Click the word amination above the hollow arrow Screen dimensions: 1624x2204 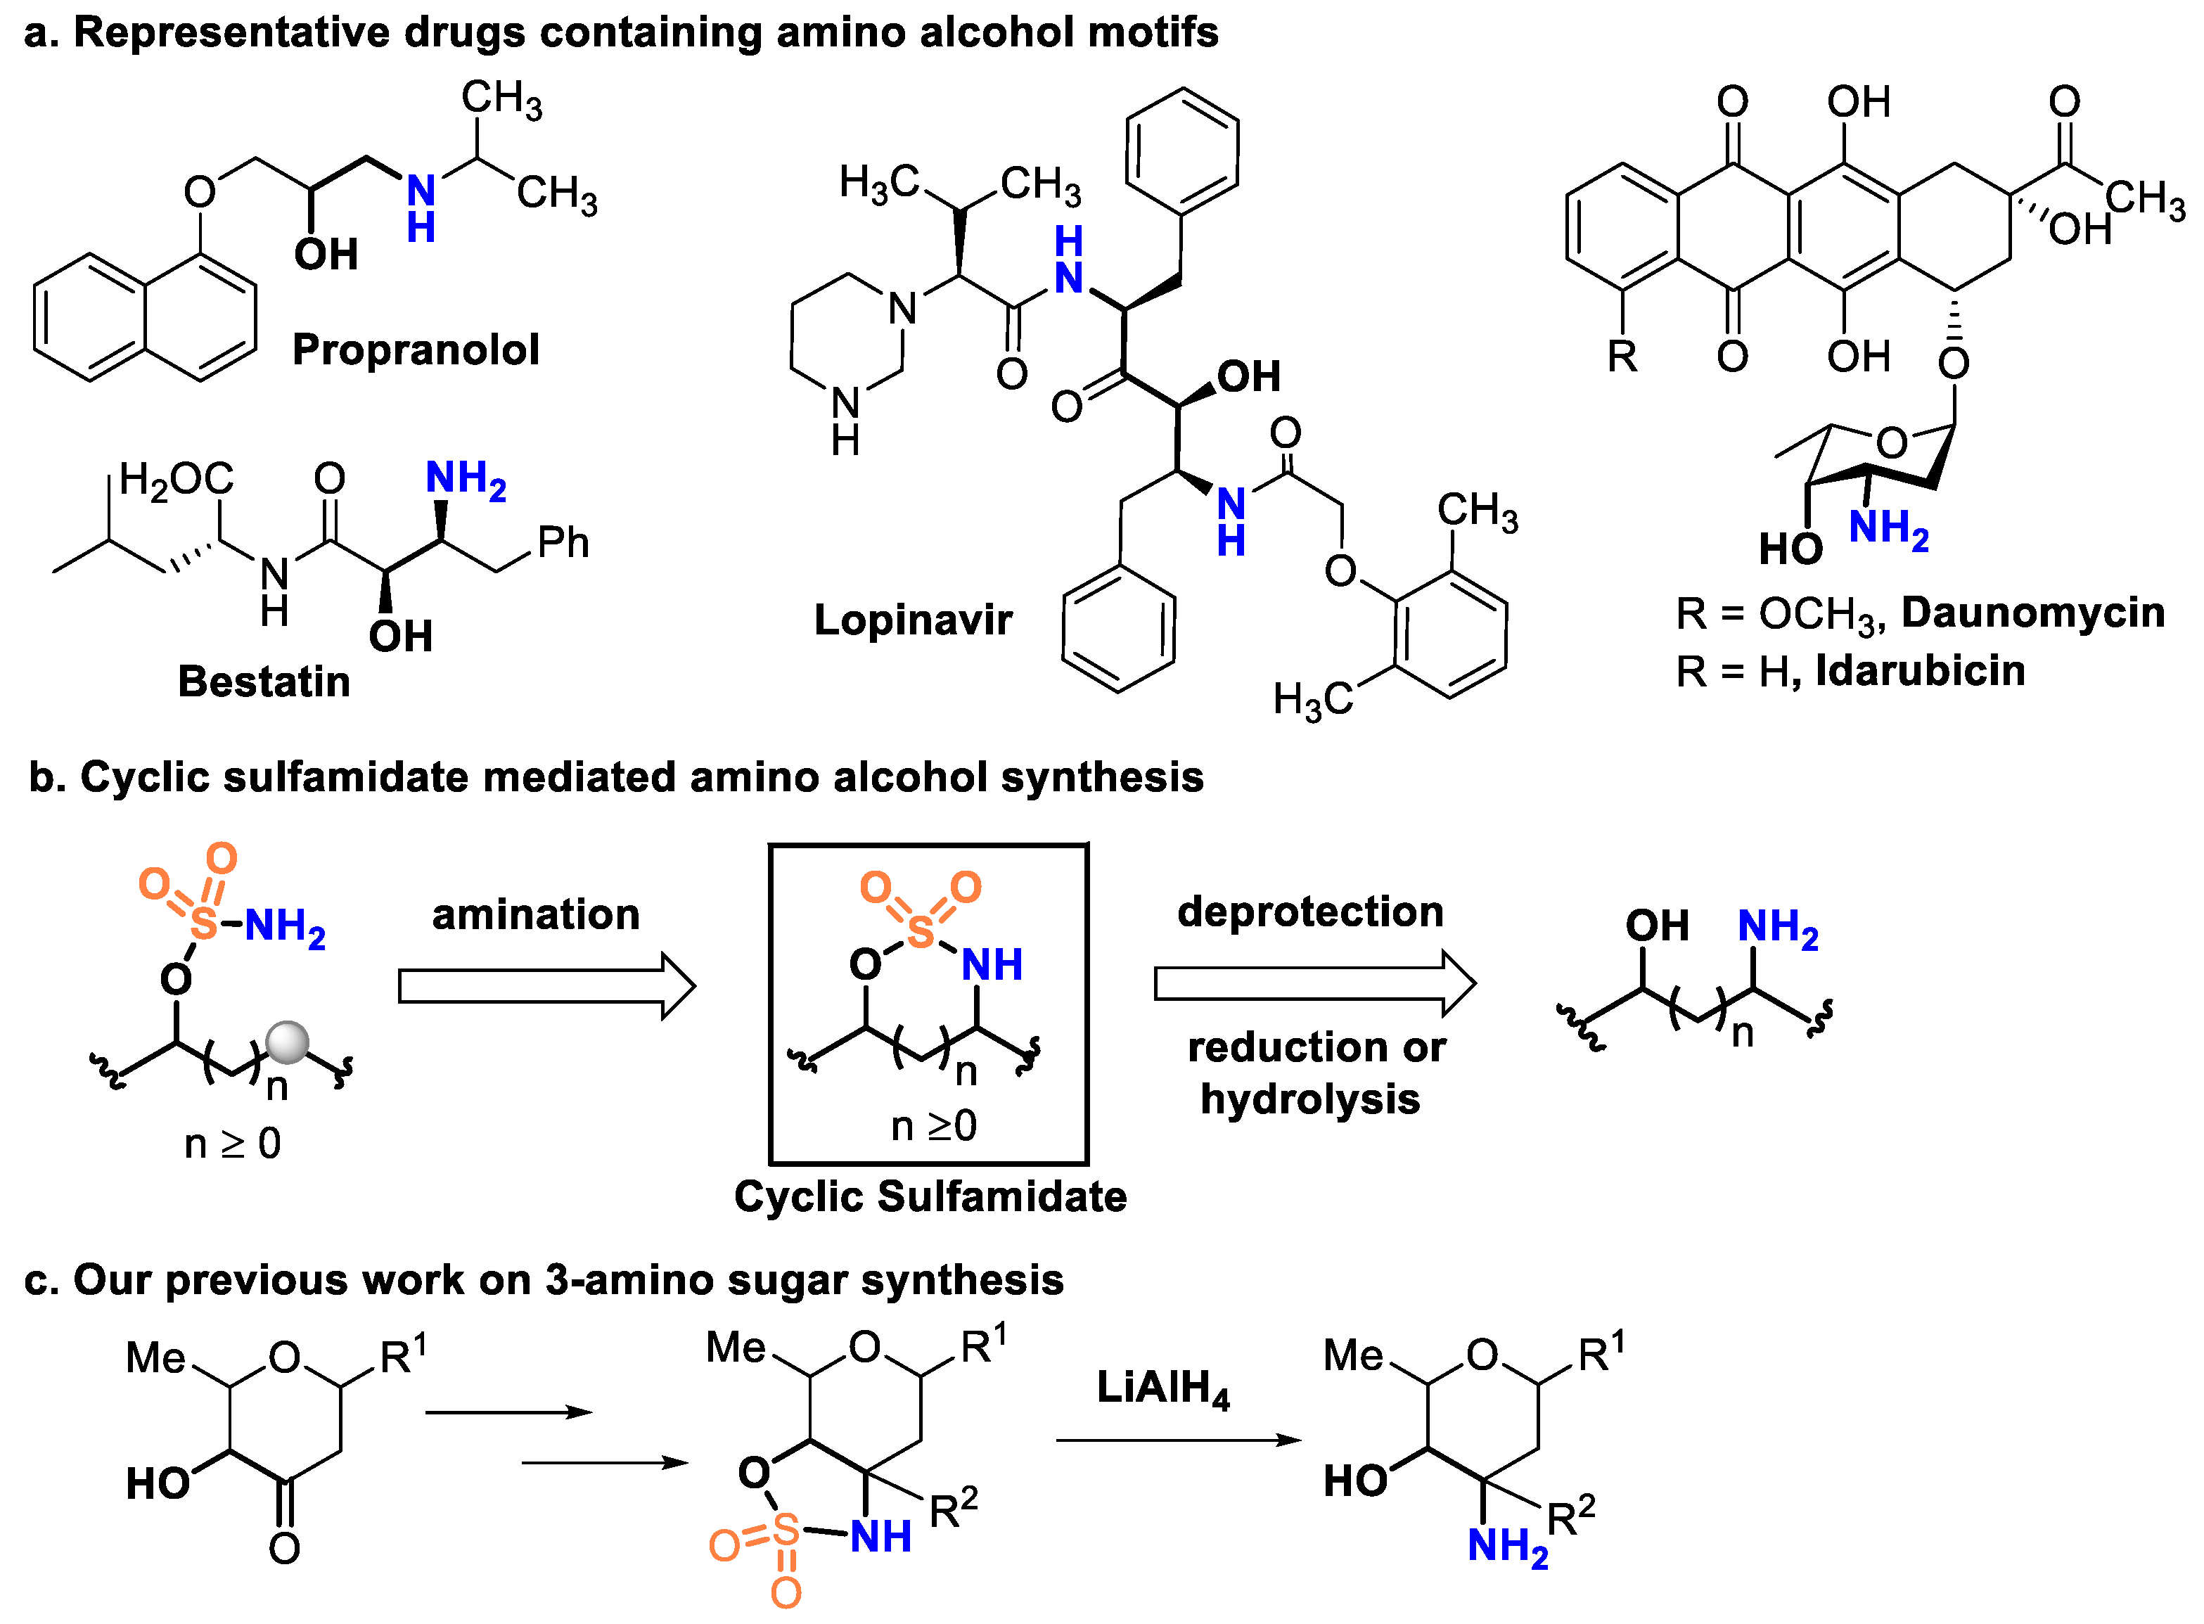pyautogui.click(x=536, y=914)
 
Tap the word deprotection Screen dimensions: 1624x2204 pyautogui.click(x=1309, y=912)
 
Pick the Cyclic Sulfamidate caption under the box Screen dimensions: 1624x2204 pyautogui.click(x=930, y=1196)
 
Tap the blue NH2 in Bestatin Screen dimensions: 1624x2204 pyautogui.click(x=464, y=479)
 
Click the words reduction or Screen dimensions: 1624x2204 pyautogui.click(x=1315, y=1047)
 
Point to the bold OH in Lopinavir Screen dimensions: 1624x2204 pyautogui.click(x=1248, y=376)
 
